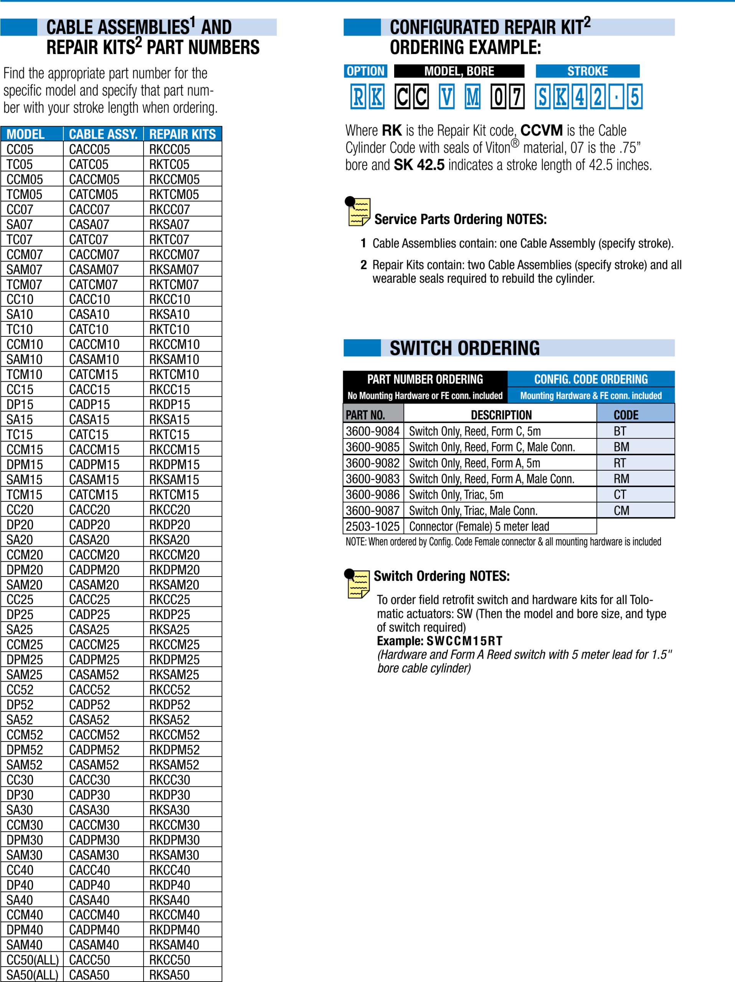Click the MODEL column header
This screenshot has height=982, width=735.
25,134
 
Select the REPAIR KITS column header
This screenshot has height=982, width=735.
182,134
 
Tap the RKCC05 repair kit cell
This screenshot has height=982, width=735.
169,149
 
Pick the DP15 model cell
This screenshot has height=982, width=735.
20,404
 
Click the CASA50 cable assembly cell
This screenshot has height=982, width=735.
89,974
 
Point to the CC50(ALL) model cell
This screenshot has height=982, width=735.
32,959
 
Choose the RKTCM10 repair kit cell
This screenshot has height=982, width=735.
174,374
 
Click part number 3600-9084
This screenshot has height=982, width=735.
373,431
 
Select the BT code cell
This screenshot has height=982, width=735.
620,431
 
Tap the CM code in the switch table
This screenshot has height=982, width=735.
621,511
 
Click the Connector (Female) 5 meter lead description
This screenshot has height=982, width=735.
479,527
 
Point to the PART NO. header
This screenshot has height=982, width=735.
365,415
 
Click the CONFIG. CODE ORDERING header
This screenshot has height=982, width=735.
591,379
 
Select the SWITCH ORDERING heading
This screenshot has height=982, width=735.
464,348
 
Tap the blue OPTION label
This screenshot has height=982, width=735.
365,71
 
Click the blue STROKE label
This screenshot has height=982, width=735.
587,71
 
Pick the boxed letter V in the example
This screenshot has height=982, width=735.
447,97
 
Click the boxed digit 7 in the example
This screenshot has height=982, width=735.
517,97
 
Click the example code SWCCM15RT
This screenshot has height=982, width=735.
464,641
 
